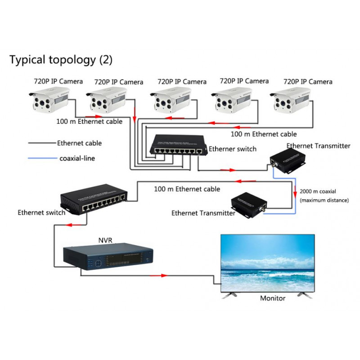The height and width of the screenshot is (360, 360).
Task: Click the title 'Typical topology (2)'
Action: point(61,59)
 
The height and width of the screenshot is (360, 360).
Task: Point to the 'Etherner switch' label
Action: point(233,149)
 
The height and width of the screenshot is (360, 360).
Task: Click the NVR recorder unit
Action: point(108,259)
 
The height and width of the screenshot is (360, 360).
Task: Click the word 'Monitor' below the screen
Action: point(273,298)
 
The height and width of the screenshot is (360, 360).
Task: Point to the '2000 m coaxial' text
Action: point(318,191)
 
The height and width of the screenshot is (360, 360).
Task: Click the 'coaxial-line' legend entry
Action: point(77,158)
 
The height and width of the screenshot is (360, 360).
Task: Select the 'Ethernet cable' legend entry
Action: point(79,143)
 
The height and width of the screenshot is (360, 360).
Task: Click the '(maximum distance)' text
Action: point(324,200)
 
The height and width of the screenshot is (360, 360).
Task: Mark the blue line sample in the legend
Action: point(42,158)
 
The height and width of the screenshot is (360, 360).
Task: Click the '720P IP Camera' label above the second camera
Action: point(119,82)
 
